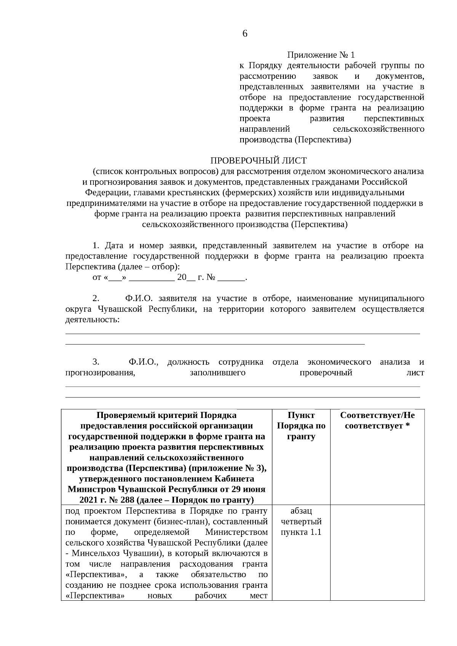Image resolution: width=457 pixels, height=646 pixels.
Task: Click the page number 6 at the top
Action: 244,33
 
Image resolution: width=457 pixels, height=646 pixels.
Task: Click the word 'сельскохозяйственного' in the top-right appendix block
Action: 379,129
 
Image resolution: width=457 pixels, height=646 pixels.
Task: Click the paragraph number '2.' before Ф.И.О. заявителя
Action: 96,298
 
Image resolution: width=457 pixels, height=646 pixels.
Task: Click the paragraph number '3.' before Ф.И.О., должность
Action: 96,362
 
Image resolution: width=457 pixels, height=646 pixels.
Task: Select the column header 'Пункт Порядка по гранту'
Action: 301,426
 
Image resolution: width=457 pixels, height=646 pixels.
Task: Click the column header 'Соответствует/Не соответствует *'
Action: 377,420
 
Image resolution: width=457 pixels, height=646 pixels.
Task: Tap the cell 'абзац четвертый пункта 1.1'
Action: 301,521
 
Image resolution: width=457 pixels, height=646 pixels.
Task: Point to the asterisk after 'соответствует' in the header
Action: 407,426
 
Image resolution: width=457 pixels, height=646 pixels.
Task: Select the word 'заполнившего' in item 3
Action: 217,373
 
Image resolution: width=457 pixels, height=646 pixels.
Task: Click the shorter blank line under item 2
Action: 215,345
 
